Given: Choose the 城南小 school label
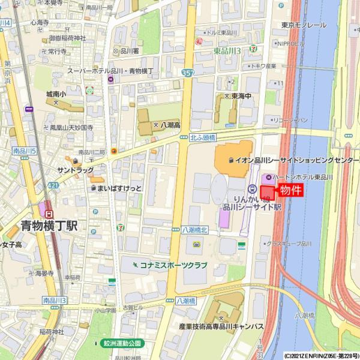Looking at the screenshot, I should click(x=56, y=94).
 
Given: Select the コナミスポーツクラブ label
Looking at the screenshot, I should click(x=173, y=265).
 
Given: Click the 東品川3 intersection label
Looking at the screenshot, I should click(x=227, y=51).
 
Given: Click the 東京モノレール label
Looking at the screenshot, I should click(x=304, y=25).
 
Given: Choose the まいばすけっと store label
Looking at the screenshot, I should click(x=120, y=188).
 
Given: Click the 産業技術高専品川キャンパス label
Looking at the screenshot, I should click(x=221, y=326).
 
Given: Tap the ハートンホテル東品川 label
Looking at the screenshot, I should click(x=307, y=178).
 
